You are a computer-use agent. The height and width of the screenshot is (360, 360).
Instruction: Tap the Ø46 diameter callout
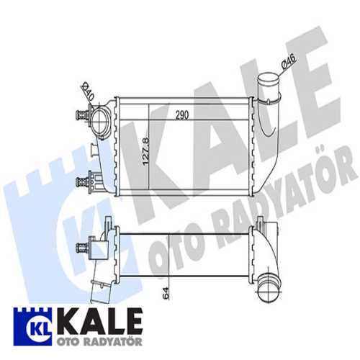pyautogui.click(x=287, y=66)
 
